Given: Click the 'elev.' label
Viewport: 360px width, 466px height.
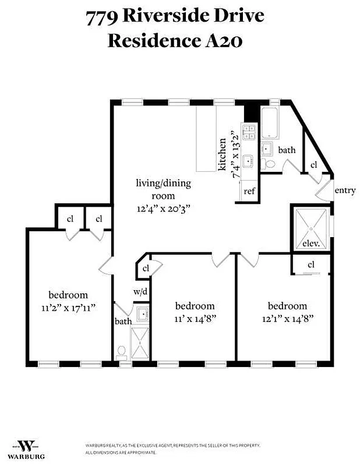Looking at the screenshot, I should (309, 244).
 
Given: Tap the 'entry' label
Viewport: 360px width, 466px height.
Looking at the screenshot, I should (345, 190).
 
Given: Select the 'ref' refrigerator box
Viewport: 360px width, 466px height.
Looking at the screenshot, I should (249, 191).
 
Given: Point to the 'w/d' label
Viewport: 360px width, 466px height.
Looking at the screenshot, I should (140, 291).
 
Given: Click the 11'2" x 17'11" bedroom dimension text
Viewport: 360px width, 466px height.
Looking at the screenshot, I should (68, 308).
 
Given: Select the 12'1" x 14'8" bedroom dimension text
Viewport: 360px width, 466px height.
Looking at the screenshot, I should (287, 319).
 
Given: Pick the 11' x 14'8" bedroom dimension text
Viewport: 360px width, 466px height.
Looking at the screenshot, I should (195, 319).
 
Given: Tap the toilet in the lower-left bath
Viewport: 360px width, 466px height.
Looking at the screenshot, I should (122, 352).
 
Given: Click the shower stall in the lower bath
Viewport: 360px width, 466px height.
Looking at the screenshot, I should (140, 344).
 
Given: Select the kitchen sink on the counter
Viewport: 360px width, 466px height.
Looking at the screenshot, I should (249, 160).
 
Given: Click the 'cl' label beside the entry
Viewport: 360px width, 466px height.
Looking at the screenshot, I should (313, 165).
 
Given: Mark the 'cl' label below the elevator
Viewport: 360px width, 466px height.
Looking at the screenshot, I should (311, 265).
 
